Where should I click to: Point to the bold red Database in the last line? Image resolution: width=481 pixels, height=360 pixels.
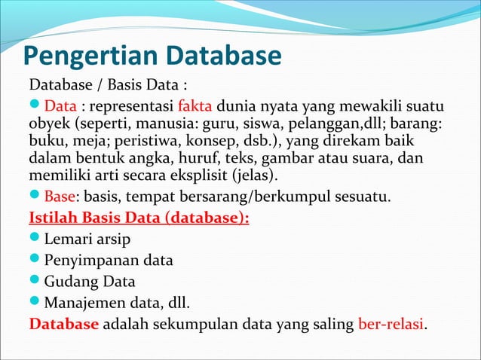point(63,325)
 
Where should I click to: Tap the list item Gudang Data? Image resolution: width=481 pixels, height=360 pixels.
point(90,282)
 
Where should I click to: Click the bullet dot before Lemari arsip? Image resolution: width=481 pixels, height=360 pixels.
point(35,240)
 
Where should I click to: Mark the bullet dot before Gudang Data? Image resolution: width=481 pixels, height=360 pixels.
point(35,282)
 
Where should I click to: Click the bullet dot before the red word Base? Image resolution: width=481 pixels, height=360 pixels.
point(35,198)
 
